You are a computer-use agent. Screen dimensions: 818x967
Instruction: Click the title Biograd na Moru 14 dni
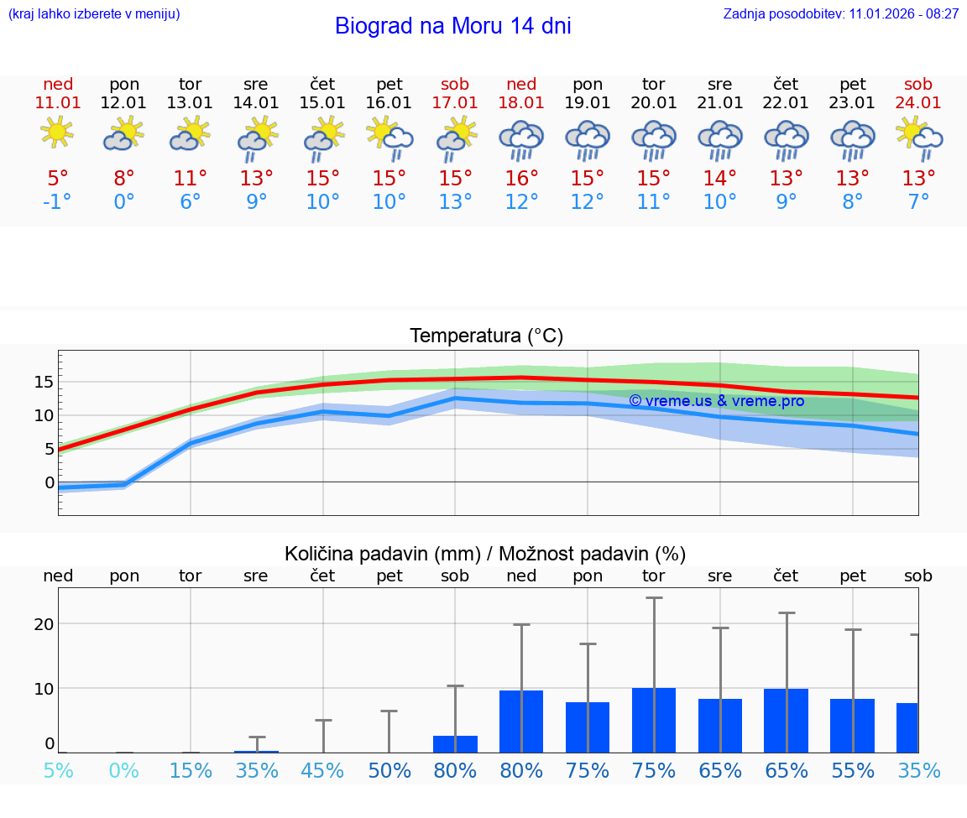tap(452, 26)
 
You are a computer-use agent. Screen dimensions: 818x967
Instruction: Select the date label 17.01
tap(455, 103)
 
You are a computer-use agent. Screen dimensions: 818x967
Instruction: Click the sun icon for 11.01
tap(57, 133)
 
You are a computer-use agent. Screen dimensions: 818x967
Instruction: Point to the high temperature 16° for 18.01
tap(521, 179)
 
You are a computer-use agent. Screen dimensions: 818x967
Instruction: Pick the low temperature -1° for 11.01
tap(57, 202)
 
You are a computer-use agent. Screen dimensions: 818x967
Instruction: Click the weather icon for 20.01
tap(654, 140)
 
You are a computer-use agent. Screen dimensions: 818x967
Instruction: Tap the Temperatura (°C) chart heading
tap(486, 336)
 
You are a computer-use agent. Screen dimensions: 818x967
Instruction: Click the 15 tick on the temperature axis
tap(44, 382)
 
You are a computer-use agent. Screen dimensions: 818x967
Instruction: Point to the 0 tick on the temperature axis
tap(50, 482)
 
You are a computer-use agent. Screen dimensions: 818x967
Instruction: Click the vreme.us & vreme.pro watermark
tap(716, 401)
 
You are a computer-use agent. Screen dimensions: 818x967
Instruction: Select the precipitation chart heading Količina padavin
tap(485, 554)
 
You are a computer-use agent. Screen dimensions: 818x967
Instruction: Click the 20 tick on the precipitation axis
tap(44, 624)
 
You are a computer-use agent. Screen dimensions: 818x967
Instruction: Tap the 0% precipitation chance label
tap(124, 770)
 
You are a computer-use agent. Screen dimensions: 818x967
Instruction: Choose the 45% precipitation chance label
tap(322, 770)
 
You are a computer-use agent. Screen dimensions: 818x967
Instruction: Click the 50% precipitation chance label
tap(389, 770)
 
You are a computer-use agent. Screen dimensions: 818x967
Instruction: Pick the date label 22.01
tap(786, 103)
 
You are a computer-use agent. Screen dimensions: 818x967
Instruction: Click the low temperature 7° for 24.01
tap(918, 202)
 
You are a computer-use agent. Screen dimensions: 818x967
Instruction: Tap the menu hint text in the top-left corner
tap(94, 13)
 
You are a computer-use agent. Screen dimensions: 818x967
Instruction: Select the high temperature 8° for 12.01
tap(124, 179)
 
